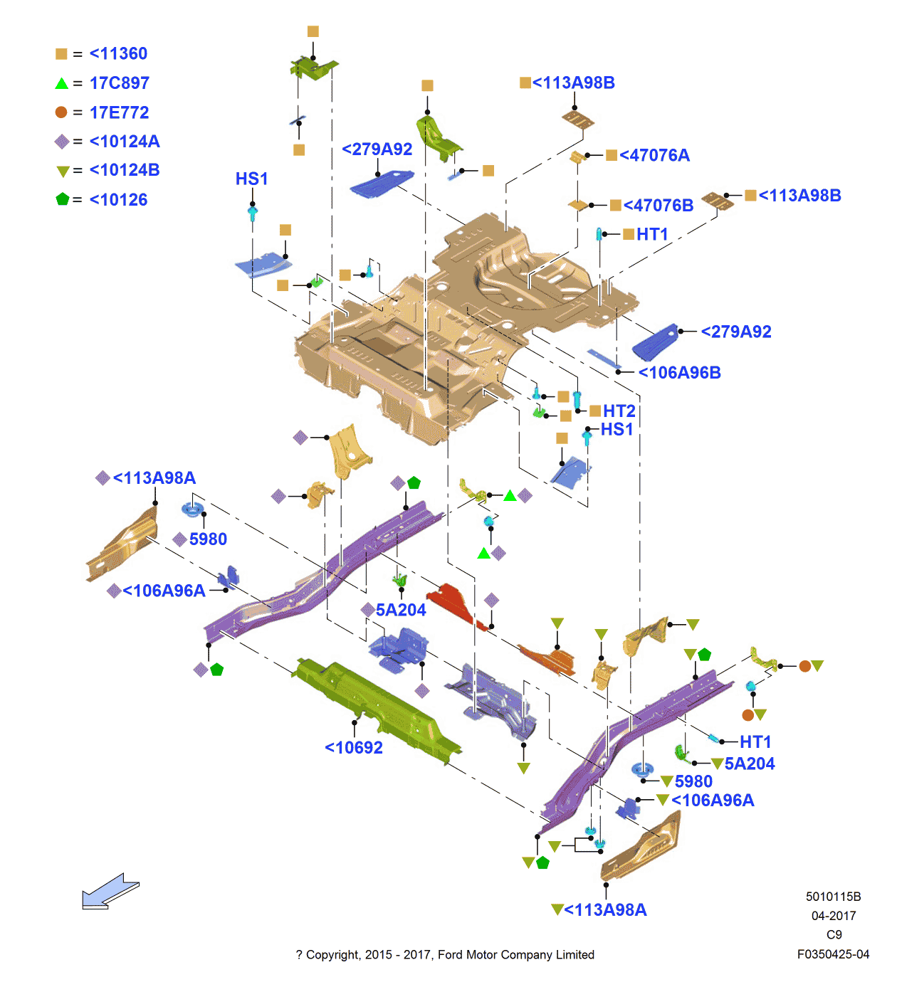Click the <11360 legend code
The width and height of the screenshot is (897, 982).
point(118,53)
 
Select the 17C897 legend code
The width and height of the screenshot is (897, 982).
point(119,83)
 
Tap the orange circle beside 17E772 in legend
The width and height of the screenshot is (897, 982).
point(61,112)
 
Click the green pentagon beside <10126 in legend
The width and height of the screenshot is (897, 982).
point(63,199)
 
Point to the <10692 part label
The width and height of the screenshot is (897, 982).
point(354,748)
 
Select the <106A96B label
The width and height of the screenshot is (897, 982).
point(679,373)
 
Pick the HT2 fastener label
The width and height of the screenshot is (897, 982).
point(619,411)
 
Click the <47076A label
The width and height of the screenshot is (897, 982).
point(654,155)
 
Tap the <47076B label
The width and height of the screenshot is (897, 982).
point(658,206)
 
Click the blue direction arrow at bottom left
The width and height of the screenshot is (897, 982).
point(110,891)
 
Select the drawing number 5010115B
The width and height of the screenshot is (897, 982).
point(833,897)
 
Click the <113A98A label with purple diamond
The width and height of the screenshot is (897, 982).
point(154,478)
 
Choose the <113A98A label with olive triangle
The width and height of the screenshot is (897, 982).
point(605,910)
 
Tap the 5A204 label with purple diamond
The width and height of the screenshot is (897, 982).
point(400,610)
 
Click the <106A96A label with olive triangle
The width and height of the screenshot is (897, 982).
point(712,801)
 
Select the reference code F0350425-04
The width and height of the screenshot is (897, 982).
point(833,954)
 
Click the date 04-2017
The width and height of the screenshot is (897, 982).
point(833,916)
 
